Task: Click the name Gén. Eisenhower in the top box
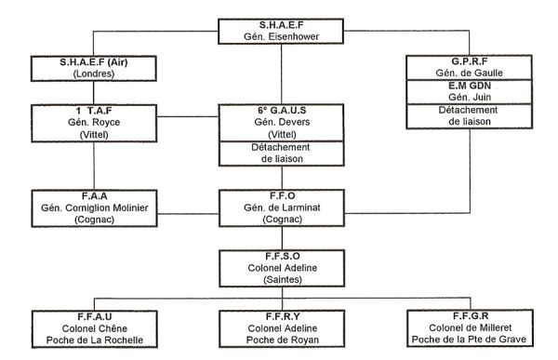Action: coord(280,35)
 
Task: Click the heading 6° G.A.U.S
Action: coord(280,111)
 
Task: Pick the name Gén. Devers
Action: coord(280,122)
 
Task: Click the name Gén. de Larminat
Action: coord(280,208)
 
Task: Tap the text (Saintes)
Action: coord(280,278)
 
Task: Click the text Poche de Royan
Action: coord(280,340)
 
